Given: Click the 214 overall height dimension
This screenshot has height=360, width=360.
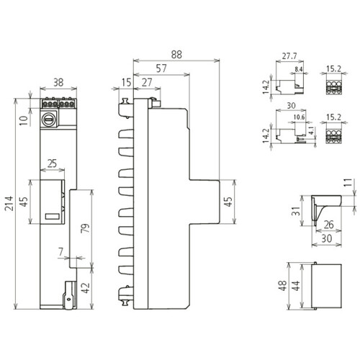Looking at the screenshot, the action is pos(9,203).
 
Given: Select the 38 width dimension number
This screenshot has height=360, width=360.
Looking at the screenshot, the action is pos(58,83).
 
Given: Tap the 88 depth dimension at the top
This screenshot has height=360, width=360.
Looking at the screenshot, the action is pos(176,55).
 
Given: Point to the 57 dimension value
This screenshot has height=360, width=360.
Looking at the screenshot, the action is pos(161,68).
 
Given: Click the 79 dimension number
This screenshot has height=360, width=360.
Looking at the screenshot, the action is pos(86,228).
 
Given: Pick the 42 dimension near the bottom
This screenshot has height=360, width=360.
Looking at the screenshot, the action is pos(86,288).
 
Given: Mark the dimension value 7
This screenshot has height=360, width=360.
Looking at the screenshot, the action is pos(61,252).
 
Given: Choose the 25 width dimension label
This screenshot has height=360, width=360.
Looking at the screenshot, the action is pos(52,163).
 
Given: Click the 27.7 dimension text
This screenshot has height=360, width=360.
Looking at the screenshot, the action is pos(289,56).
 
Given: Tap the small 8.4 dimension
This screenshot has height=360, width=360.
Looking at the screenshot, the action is pos(299,70).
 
